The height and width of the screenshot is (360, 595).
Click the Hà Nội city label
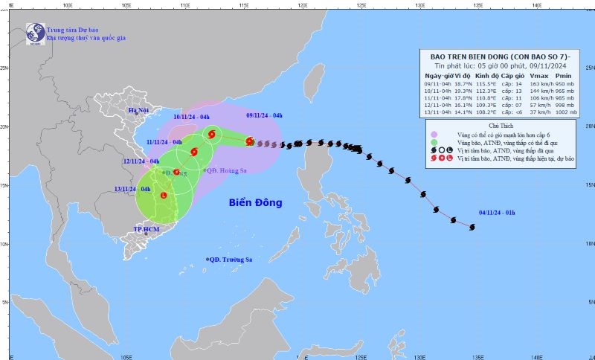tap(139, 111)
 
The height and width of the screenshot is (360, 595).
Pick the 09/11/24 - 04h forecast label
tap(264, 116)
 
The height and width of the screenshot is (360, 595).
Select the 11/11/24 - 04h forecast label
tap(164, 142)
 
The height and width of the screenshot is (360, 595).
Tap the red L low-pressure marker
tap(164, 196)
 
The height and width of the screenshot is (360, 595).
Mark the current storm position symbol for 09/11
tap(250, 141)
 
